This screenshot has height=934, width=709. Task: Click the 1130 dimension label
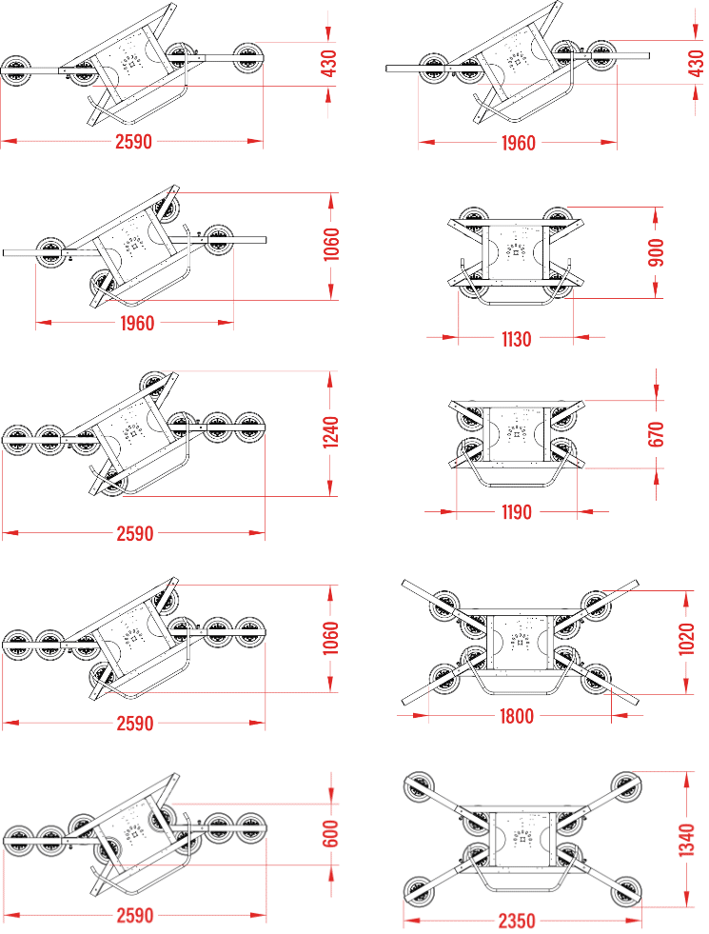pyautogui.click(x=516, y=339)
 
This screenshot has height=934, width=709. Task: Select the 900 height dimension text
pyautogui.click(x=655, y=252)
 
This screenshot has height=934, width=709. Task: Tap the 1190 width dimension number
pyautogui.click(x=516, y=511)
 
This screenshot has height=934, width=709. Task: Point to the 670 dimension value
pyautogui.click(x=655, y=433)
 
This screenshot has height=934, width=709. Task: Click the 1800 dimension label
pyautogui.click(x=516, y=716)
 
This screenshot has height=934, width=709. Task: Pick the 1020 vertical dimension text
pyautogui.click(x=686, y=639)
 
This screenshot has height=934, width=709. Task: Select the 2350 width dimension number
pyautogui.click(x=517, y=921)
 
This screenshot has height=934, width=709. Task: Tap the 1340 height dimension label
pyautogui.click(x=686, y=840)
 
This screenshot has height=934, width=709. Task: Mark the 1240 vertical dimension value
pyautogui.click(x=330, y=432)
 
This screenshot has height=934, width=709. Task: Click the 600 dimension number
pyautogui.click(x=330, y=833)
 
